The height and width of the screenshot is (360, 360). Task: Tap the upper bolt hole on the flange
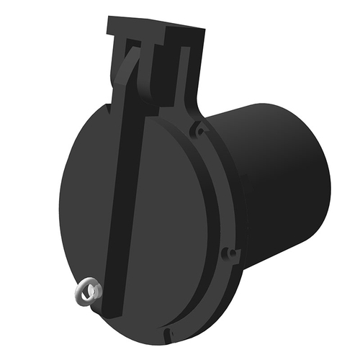[197, 131]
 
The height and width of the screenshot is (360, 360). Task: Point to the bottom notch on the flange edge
[167, 333]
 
